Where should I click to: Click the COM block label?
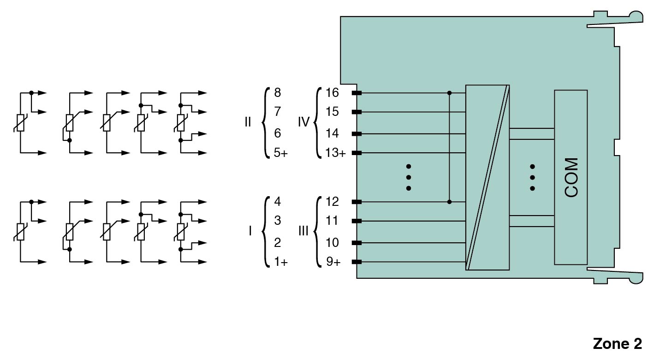(x=571, y=178)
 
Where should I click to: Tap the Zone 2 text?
(x=617, y=344)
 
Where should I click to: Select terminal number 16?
(x=332, y=93)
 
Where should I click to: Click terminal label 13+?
(x=335, y=153)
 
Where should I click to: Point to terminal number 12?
(x=332, y=202)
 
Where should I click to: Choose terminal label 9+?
(x=333, y=262)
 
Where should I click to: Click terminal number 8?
(x=277, y=93)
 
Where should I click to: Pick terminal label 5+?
(x=280, y=153)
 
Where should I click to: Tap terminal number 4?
(x=277, y=202)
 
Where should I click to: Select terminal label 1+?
(x=280, y=262)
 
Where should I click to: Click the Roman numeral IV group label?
(x=303, y=122)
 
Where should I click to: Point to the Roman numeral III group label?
(x=303, y=231)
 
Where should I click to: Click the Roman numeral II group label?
(x=248, y=122)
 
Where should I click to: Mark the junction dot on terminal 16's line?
(x=450, y=93)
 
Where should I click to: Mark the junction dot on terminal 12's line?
(x=450, y=202)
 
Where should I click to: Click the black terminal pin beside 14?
(x=357, y=134)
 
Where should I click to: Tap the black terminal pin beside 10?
(x=357, y=243)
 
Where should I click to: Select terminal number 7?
(x=277, y=112)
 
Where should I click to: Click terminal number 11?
(x=332, y=221)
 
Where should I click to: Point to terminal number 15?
(x=332, y=112)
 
